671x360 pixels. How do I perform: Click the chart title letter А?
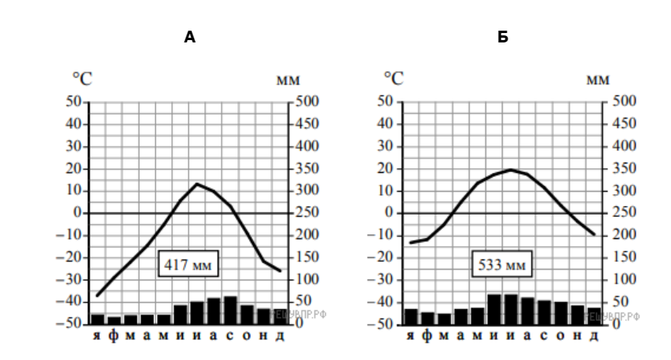pos(189,37)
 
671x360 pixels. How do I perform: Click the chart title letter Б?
pos(502,37)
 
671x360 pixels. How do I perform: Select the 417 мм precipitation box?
pos(189,265)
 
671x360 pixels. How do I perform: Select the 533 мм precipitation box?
pos(501,265)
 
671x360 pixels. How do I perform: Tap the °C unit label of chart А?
pos(82,79)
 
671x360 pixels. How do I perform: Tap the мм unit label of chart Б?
pos(598,79)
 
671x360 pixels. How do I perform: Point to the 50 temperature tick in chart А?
pos(75,101)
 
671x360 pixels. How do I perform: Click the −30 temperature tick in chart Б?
pos(384,280)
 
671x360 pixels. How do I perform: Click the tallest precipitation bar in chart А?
pos(230,310)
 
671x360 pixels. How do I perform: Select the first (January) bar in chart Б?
pos(411,316)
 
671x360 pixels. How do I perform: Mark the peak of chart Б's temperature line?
pos(511,170)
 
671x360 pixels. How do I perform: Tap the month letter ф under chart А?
pos(113,336)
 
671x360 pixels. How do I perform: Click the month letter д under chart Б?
pos(593,336)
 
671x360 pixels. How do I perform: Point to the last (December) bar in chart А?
pos(280,316)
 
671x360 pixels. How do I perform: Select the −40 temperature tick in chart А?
pos(71,302)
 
